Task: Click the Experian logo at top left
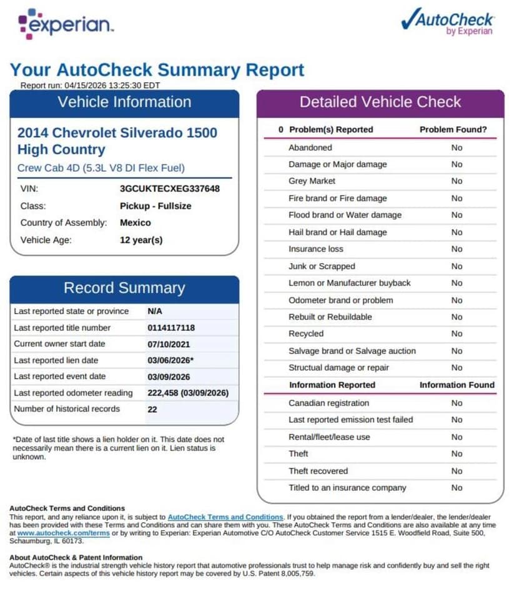[x=66, y=24]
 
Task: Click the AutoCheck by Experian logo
[x=448, y=22]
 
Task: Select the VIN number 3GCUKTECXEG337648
[x=169, y=188]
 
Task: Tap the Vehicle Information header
[x=124, y=102]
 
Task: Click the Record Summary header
[x=124, y=288]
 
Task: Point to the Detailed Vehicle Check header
[x=380, y=102]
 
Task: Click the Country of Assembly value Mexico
[x=135, y=222]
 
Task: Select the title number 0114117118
[x=171, y=328]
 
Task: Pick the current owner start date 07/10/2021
[x=169, y=344]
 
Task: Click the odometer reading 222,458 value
[x=188, y=393]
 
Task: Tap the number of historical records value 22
[x=152, y=409]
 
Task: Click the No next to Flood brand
[x=457, y=215]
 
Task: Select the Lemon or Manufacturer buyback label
[x=349, y=283]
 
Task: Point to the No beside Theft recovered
[x=457, y=471]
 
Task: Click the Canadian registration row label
[x=328, y=403]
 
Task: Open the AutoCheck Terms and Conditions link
[x=225, y=517]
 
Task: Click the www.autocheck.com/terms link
[x=64, y=533]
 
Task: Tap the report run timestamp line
[x=91, y=85]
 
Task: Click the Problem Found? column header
[x=453, y=129]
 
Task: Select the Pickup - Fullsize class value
[x=155, y=205]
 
